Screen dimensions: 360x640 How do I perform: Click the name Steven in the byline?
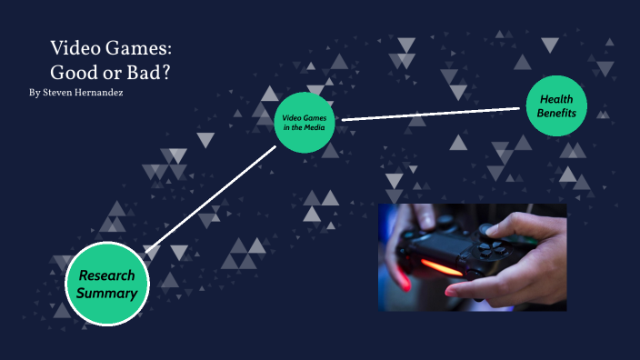point(61,94)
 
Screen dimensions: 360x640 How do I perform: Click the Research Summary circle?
point(107,285)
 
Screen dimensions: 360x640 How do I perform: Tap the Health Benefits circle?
point(557,105)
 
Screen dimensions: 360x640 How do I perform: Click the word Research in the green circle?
point(106,275)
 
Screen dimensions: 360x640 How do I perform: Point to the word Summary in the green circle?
point(107,294)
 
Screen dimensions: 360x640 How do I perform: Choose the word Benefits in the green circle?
point(557,114)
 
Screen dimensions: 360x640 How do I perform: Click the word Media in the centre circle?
point(315,127)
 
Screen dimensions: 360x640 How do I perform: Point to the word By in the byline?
point(35,94)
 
